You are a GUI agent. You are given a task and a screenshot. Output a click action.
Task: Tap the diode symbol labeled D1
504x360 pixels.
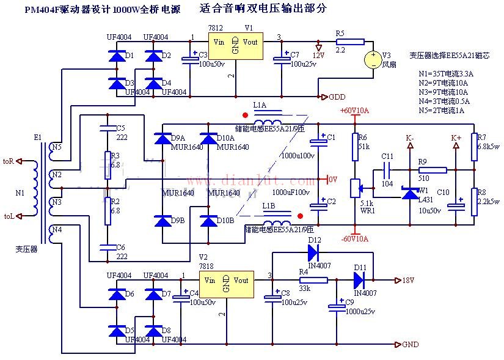coord(116,57)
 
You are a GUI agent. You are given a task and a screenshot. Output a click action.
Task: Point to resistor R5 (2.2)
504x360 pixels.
coord(349,42)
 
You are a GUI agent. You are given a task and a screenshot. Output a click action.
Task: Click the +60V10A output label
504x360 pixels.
coord(354,111)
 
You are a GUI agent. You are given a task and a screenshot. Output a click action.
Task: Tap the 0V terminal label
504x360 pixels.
coord(333,180)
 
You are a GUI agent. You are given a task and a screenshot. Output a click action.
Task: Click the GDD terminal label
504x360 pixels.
coord(337,97)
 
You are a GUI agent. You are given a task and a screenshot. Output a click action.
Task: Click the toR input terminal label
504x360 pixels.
coord(9,161)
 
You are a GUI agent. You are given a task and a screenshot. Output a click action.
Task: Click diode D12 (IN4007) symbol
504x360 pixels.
coord(313,249)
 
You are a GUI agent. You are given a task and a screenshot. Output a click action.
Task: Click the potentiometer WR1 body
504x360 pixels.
coord(354,188)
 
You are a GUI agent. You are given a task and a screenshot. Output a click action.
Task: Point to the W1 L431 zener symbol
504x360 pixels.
coord(409,193)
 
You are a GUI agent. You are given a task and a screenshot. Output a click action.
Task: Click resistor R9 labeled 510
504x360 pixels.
coord(432,170)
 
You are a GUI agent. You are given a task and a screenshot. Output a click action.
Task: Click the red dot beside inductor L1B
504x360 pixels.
coord(299,216)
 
